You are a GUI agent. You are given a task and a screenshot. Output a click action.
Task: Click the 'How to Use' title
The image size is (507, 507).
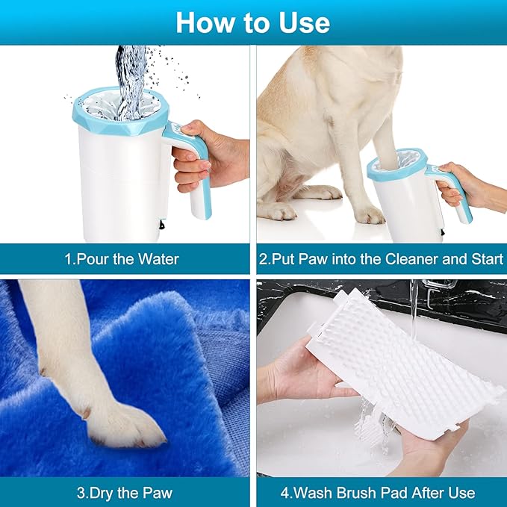pyautogui.click(x=252, y=22)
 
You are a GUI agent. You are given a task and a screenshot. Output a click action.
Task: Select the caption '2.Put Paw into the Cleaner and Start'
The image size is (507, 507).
pyautogui.click(x=381, y=260)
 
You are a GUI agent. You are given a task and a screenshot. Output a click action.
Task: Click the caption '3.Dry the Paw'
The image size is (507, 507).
pyautogui.click(x=125, y=493)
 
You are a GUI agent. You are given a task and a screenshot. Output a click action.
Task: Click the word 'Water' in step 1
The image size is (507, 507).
pyautogui.click(x=158, y=260)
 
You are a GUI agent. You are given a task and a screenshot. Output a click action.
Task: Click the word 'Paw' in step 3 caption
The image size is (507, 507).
pyautogui.click(x=157, y=493)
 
